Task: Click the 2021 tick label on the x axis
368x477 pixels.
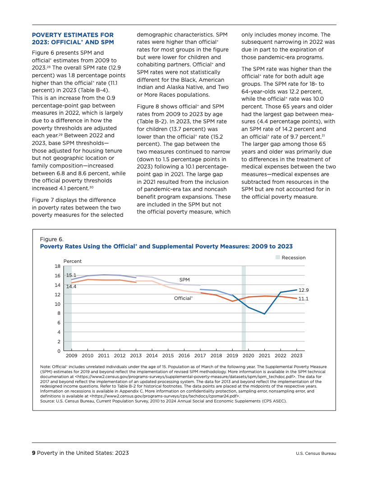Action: [264, 356]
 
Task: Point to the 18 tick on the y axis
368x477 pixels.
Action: [58, 266]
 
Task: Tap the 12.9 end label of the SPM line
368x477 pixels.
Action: [304, 290]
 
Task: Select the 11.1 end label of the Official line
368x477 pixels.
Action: [304, 299]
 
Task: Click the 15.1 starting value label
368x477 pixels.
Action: [71, 275]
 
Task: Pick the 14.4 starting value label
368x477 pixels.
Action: [71, 286]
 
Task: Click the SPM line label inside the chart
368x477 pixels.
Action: [184, 280]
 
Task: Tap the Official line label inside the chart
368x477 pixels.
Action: [183, 298]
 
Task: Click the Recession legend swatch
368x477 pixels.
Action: [278, 257]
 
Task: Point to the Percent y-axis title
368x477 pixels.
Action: [73, 261]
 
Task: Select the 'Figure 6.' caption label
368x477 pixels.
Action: [52, 239]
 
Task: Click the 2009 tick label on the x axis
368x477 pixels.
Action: [72, 356]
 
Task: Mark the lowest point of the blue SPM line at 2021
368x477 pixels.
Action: [264, 314]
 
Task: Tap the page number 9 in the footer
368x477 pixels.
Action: [33, 453]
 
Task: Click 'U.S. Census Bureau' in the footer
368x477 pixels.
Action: [316, 454]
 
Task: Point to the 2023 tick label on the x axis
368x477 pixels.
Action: [296, 356]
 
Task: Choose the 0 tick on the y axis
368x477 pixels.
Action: [59, 351]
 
